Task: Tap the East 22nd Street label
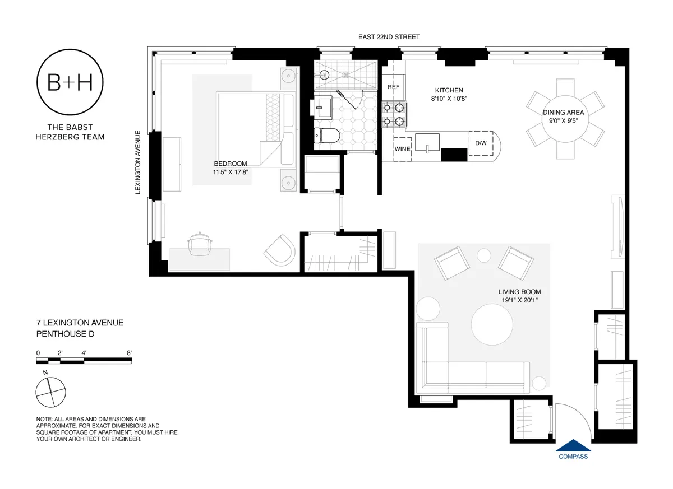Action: [389, 37]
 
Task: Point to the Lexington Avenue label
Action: [137, 162]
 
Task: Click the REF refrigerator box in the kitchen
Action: [394, 87]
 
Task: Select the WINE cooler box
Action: [402, 149]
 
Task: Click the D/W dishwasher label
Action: [481, 143]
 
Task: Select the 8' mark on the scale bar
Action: [130, 353]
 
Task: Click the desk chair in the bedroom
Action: [200, 243]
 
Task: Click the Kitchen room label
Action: [449, 90]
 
